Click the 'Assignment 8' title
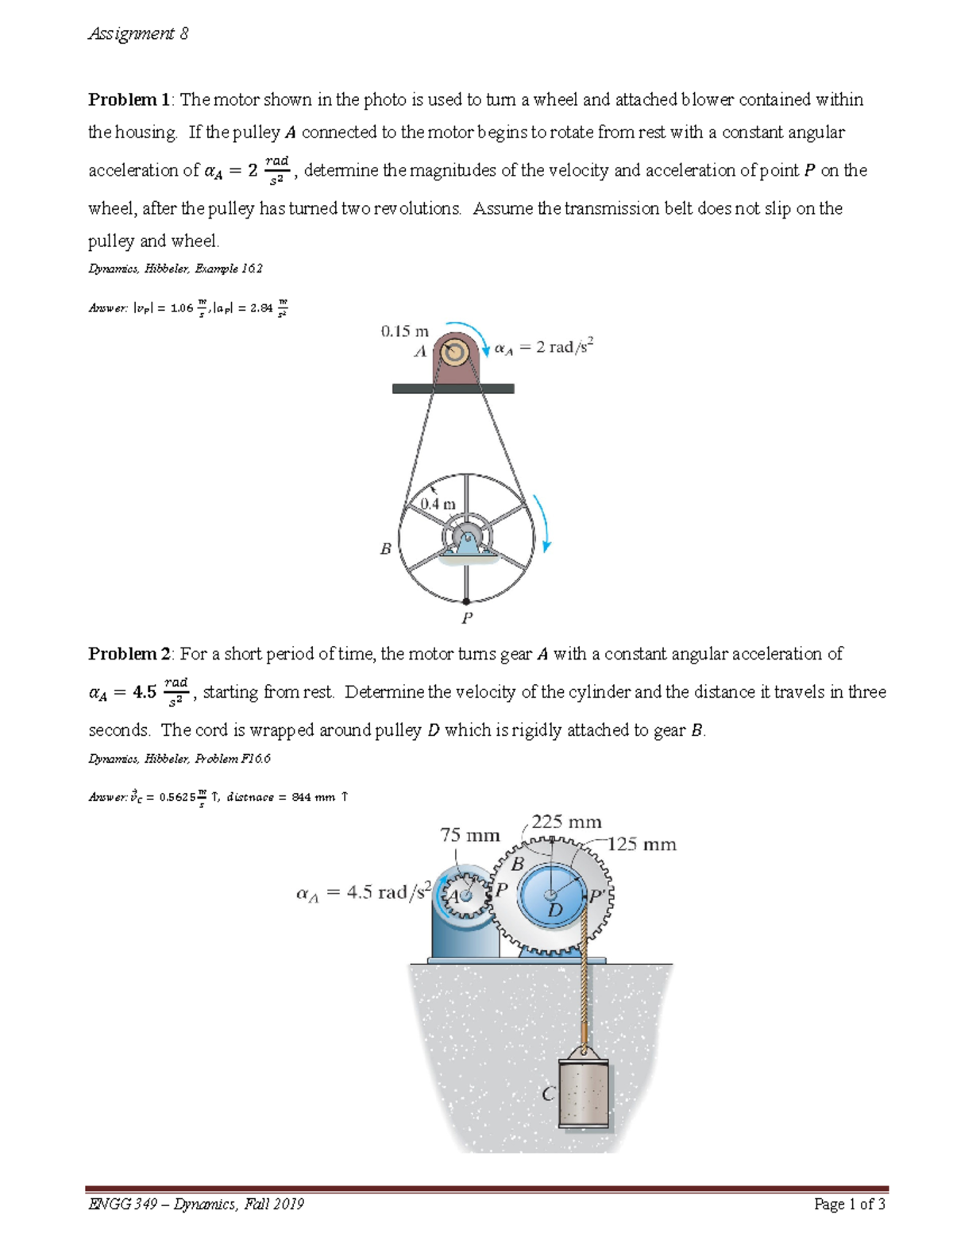coord(138,33)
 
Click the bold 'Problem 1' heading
coord(129,100)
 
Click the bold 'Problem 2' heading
coord(129,654)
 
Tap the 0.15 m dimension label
coord(404,331)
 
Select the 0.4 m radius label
coord(438,504)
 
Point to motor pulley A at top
coord(456,352)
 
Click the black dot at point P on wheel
coord(467,602)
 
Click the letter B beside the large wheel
coord(386,548)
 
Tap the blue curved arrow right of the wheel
coord(542,522)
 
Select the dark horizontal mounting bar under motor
coord(453,389)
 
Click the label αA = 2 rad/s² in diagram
coord(544,347)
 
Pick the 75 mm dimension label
coord(470,835)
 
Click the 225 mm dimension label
coord(566,822)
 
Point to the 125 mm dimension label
coord(642,845)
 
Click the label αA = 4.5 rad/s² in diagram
coord(363,892)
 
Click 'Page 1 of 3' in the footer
coord(849,1204)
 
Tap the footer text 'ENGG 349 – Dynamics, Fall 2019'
coord(196,1204)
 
